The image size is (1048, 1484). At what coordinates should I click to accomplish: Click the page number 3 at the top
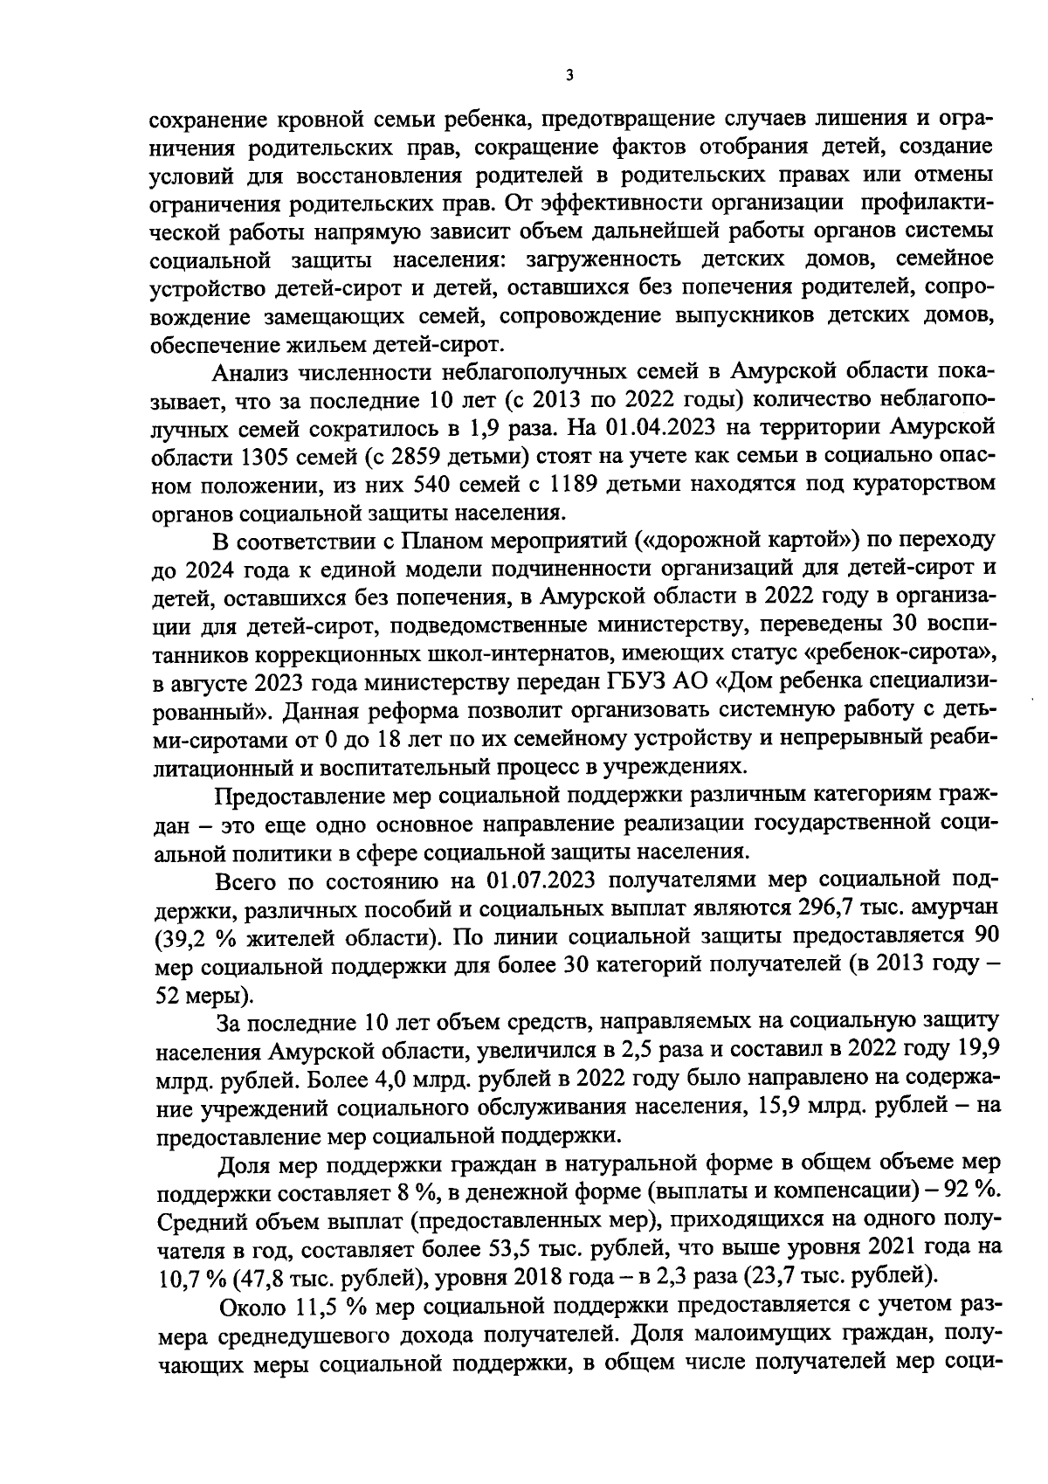(x=569, y=76)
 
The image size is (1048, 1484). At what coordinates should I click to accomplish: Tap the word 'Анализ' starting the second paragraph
(x=252, y=372)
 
